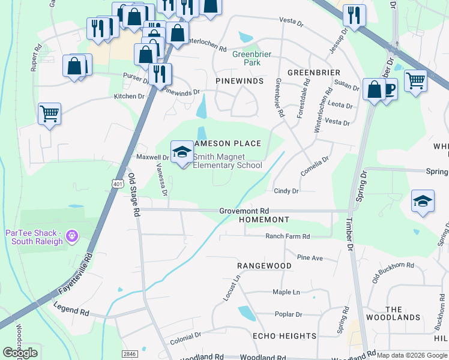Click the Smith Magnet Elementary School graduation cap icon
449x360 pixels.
point(182,152)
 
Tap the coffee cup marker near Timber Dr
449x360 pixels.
point(388,90)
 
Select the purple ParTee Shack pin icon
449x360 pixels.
point(72,236)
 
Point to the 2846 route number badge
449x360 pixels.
point(129,355)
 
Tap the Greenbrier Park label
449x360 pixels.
point(252,58)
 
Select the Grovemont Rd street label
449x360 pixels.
point(244,211)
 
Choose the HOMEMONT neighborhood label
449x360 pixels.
point(264,220)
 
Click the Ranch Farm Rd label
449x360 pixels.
point(288,236)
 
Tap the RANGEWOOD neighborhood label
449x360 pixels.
point(264,265)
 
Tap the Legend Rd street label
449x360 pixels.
point(71,313)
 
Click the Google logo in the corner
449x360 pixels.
point(20,353)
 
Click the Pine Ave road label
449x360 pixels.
point(310,257)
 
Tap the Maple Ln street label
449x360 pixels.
point(286,292)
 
